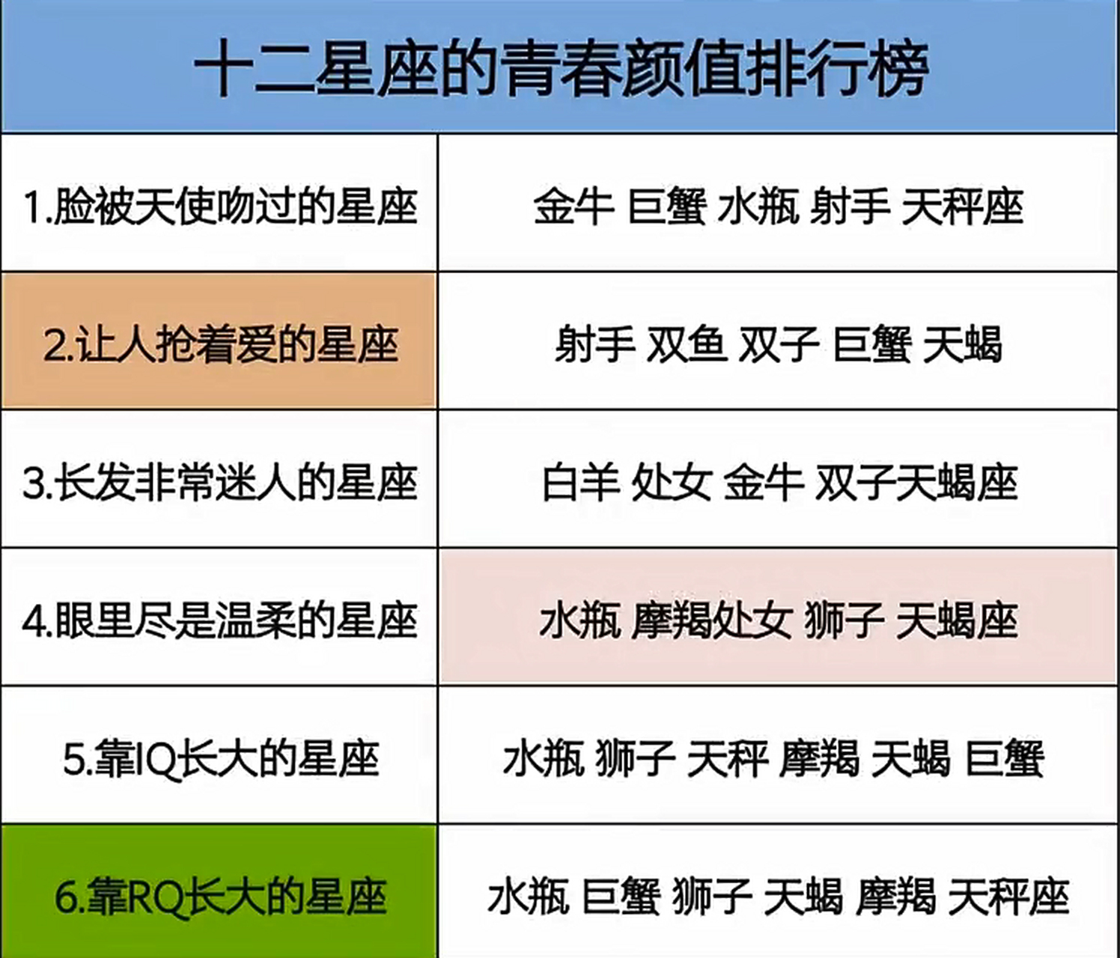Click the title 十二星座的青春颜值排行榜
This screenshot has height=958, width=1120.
click(560, 69)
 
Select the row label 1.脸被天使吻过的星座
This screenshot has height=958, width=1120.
click(219, 206)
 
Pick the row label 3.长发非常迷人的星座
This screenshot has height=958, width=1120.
click(219, 483)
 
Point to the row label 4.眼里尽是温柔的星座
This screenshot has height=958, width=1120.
click(219, 621)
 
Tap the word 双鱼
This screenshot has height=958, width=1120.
click(687, 344)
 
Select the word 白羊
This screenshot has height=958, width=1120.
click(581, 483)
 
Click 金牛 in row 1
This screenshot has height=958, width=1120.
click(573, 206)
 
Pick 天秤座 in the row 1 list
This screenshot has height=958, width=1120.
click(961, 206)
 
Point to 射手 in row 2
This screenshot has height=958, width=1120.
click(594, 344)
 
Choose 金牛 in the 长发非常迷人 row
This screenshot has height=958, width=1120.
click(763, 483)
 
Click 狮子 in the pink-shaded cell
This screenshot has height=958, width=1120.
click(844, 621)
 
